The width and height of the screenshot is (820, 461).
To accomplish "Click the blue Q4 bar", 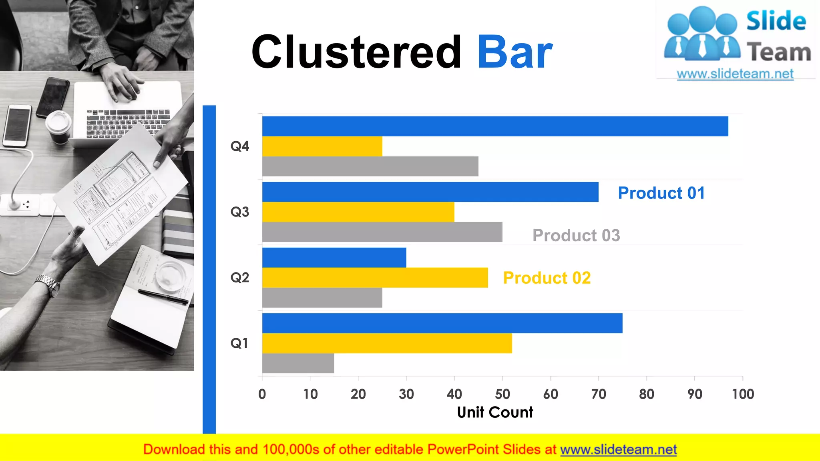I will click(x=495, y=126).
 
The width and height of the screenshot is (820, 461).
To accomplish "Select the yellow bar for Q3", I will click(x=358, y=212).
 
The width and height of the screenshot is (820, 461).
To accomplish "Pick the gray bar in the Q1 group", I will click(x=298, y=363).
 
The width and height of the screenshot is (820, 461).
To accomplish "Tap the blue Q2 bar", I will click(x=334, y=258).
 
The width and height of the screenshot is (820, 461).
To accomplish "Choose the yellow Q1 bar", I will click(x=387, y=343).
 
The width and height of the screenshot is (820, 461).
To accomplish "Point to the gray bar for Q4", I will click(x=370, y=166).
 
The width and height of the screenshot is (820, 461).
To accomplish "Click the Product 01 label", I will click(x=661, y=193).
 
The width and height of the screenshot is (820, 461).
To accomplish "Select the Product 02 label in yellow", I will click(x=547, y=278).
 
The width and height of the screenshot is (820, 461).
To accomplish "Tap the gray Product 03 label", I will click(x=576, y=236).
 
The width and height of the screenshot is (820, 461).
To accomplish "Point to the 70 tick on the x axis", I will click(x=599, y=394).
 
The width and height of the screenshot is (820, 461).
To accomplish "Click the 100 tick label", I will click(x=743, y=394).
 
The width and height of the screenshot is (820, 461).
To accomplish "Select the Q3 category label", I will click(x=239, y=212).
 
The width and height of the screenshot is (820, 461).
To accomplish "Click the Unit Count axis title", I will click(x=495, y=413).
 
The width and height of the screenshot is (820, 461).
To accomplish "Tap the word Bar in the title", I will click(x=515, y=52).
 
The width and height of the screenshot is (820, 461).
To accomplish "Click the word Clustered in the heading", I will click(x=356, y=52).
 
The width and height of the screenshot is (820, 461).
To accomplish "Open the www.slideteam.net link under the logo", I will click(x=735, y=74).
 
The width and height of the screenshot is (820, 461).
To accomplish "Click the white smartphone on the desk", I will click(x=17, y=125).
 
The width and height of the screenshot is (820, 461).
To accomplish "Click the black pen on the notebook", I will click(x=163, y=297).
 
